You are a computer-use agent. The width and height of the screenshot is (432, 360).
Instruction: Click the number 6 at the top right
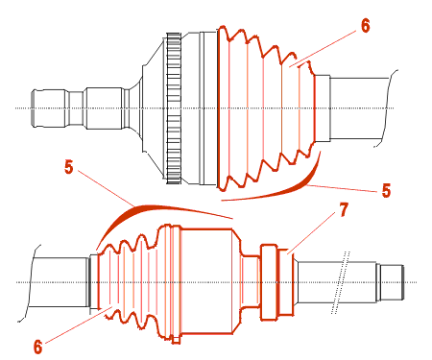[365, 25]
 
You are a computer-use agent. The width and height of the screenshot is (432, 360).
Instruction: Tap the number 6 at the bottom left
[37, 347]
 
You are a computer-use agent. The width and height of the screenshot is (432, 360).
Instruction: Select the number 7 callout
[343, 210]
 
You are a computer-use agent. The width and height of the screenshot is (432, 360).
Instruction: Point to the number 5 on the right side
[386, 191]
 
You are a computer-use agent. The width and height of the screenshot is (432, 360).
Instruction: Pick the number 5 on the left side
[69, 167]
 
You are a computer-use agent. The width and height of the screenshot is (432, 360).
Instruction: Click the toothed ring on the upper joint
[174, 108]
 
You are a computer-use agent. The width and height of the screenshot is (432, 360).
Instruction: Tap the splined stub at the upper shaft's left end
[50, 108]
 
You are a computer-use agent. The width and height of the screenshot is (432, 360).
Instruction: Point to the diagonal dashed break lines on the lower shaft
[341, 282]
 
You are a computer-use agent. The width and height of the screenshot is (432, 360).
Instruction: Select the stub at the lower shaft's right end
[390, 282]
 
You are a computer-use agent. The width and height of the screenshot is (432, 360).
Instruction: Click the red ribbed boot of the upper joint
[266, 108]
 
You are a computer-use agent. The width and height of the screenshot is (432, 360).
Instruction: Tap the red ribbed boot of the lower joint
[134, 283]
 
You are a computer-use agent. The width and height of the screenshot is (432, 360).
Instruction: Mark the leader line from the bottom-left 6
[78, 324]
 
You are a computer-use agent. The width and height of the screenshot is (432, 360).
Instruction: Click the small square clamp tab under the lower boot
[176, 340]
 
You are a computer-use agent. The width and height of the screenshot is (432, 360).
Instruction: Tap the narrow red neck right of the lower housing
[251, 281]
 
